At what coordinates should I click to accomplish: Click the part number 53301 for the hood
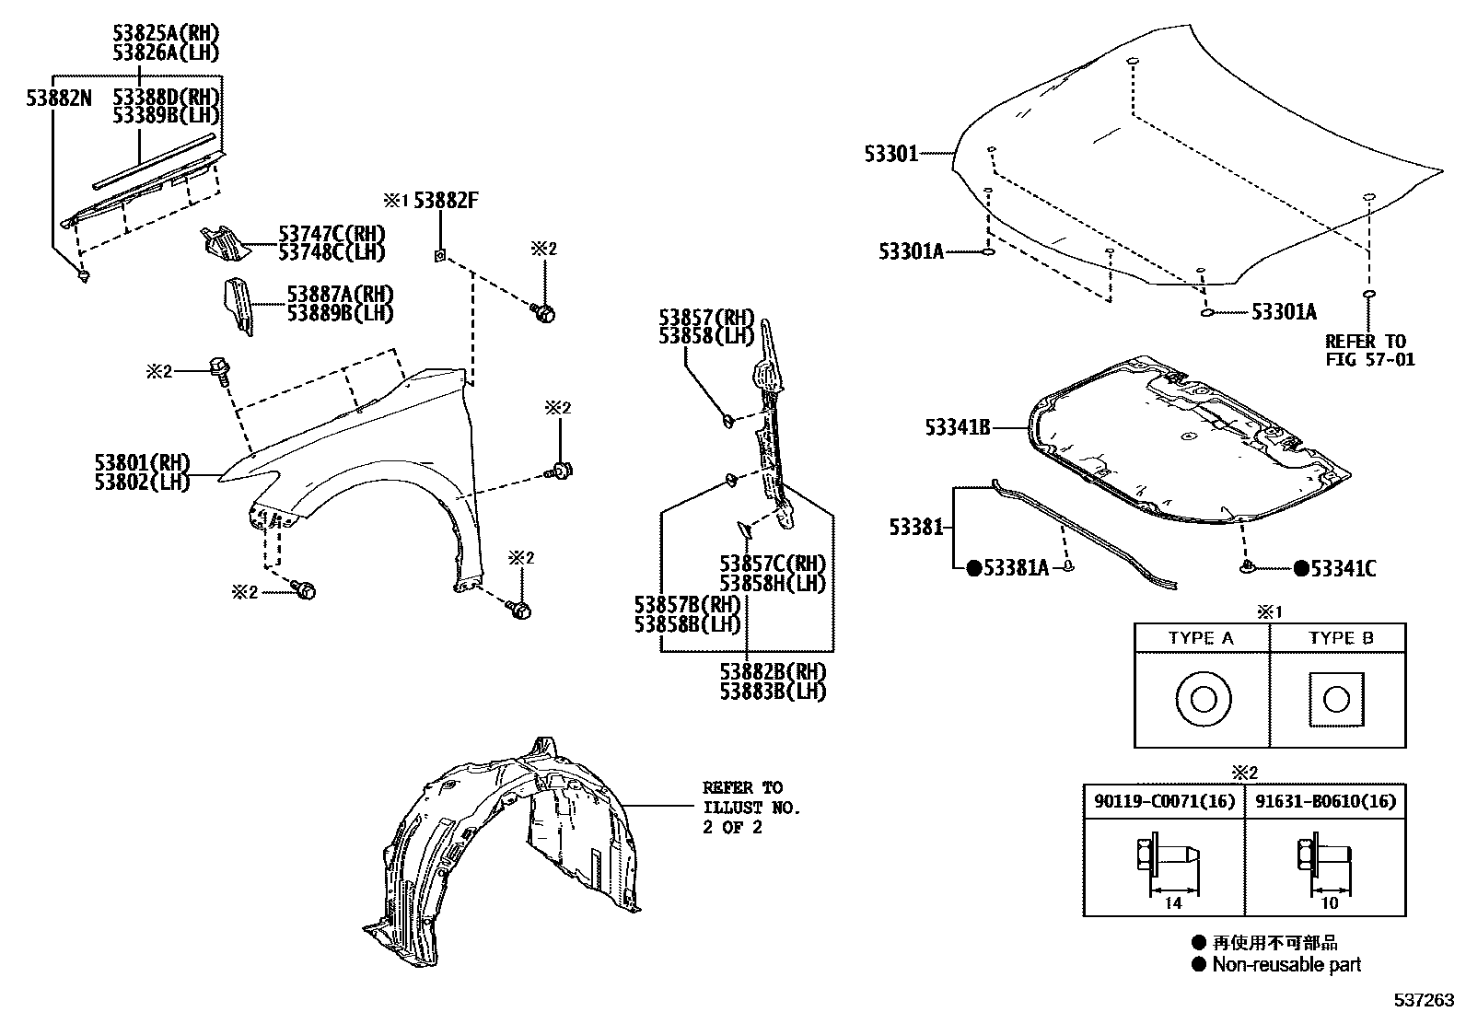point(890,154)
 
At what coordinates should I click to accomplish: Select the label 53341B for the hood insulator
point(958,427)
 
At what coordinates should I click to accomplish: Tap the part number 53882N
point(59,97)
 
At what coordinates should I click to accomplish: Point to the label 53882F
point(446,200)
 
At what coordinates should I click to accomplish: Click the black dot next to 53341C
point(1300,569)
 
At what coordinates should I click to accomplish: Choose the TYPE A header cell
point(1201,638)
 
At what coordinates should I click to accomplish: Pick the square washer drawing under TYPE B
point(1336,701)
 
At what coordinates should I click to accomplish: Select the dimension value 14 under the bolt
point(1172,903)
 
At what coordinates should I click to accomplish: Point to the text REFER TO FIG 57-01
point(1369,350)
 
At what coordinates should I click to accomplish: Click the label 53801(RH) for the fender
point(142,461)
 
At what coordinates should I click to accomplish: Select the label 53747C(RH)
point(332,234)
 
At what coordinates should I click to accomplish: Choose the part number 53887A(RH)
point(340,294)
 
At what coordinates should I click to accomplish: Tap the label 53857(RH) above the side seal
point(706,318)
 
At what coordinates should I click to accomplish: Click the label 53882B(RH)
point(773,671)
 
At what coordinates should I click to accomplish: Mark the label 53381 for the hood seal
point(915,527)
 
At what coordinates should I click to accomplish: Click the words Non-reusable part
point(1286,964)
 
